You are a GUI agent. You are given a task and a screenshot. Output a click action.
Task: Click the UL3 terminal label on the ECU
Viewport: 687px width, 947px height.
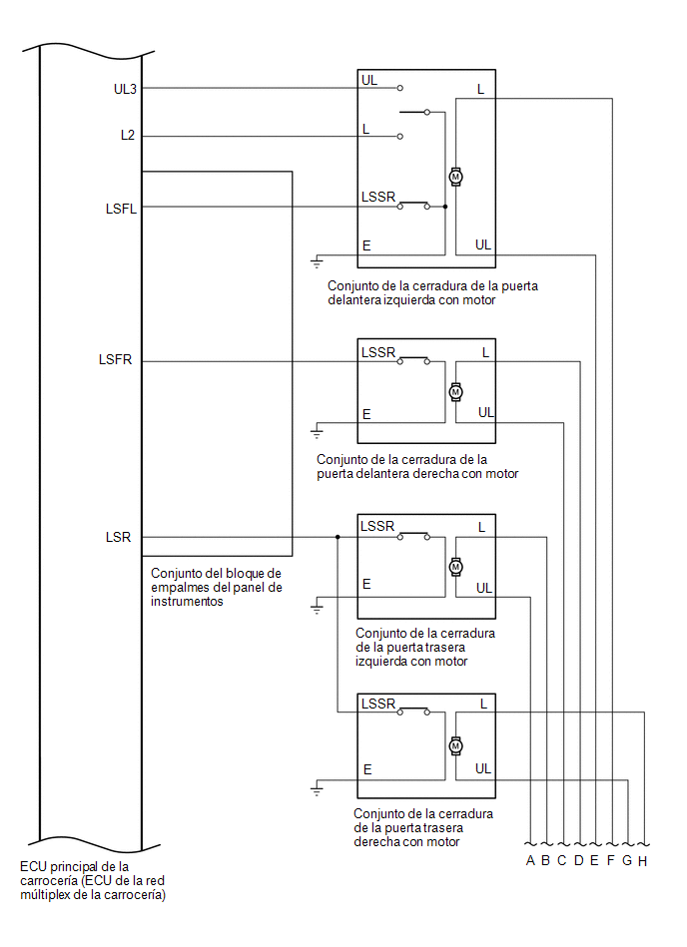125,90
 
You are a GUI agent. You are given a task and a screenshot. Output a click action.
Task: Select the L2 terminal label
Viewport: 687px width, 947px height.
128,136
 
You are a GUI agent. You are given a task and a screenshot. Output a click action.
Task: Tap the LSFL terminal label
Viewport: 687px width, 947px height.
121,209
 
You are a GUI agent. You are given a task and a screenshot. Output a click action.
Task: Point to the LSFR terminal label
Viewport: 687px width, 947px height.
115,360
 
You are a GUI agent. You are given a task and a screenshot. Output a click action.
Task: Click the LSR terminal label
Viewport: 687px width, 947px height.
118,538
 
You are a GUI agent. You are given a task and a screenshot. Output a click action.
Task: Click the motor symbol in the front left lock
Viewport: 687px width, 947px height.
455,177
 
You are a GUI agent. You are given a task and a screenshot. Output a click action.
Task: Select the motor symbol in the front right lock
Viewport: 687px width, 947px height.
455,392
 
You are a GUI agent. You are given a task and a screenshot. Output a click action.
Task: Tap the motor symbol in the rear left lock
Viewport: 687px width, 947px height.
455,567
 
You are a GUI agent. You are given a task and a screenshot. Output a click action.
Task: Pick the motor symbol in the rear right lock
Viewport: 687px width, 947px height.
455,745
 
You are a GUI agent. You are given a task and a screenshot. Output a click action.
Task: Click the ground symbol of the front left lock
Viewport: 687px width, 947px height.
317,262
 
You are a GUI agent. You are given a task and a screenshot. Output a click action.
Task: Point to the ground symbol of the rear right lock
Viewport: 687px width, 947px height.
317,789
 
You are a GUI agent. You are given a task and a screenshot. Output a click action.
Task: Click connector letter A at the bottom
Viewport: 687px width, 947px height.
530,860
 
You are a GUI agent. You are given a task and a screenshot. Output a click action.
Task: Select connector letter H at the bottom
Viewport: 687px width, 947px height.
642,861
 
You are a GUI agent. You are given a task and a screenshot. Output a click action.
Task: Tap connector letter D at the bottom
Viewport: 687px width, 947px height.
579,860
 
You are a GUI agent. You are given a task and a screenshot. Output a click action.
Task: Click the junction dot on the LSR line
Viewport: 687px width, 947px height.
338,537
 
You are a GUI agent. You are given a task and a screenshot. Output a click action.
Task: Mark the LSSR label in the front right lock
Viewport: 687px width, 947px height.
378,352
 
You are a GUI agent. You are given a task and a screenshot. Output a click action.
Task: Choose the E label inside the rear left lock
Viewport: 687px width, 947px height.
366,585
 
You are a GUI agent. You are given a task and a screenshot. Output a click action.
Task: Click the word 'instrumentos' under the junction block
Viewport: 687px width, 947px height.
187,602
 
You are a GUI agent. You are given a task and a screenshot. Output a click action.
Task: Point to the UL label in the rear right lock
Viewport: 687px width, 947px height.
482,768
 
